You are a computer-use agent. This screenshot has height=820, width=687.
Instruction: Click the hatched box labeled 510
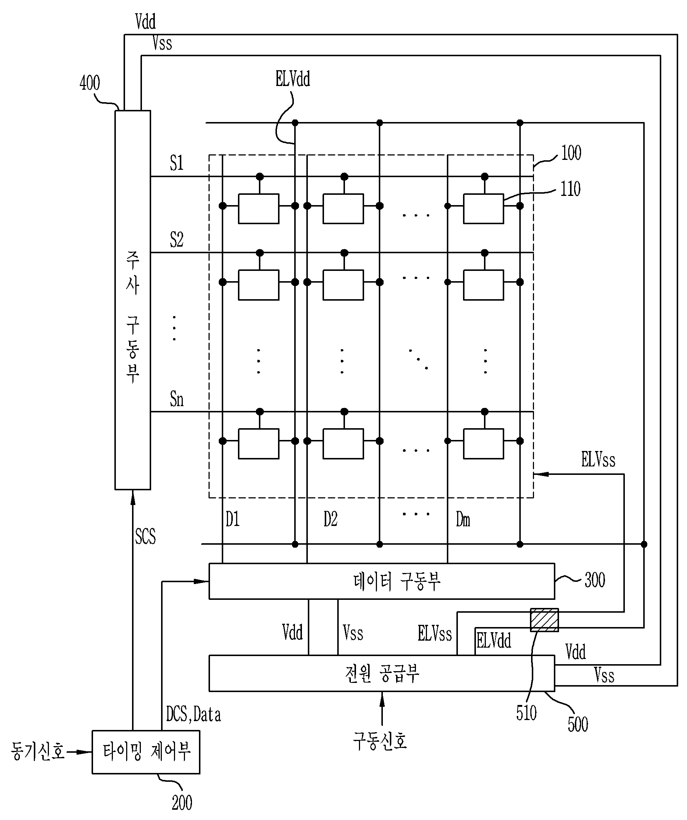click(x=544, y=620)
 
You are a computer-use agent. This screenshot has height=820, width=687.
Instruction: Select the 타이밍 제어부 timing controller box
click(x=146, y=752)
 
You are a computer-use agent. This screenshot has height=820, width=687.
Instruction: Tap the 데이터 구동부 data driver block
click(x=382, y=581)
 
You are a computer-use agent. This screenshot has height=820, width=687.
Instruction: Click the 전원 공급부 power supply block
click(x=382, y=673)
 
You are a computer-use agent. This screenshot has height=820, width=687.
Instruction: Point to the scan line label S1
click(x=177, y=163)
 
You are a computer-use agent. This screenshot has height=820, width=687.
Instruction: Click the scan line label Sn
click(x=177, y=399)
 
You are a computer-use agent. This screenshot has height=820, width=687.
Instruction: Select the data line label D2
click(x=330, y=519)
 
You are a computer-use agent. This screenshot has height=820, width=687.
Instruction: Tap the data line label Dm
click(x=463, y=519)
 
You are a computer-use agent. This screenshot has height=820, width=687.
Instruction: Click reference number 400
click(x=89, y=83)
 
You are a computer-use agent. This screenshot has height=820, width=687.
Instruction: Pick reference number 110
click(x=570, y=189)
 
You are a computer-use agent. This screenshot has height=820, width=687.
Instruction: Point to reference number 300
click(x=595, y=580)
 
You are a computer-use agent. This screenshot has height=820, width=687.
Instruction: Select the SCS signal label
click(x=145, y=536)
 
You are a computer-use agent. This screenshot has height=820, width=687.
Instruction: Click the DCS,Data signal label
click(x=193, y=714)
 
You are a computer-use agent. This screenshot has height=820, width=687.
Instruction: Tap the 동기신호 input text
click(x=38, y=751)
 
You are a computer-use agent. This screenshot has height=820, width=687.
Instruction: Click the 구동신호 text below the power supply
click(x=380, y=741)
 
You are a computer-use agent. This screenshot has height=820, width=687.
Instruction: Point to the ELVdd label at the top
click(x=293, y=79)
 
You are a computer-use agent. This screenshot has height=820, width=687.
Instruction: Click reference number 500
click(x=577, y=724)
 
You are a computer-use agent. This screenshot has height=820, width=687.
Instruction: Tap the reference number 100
click(x=571, y=153)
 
